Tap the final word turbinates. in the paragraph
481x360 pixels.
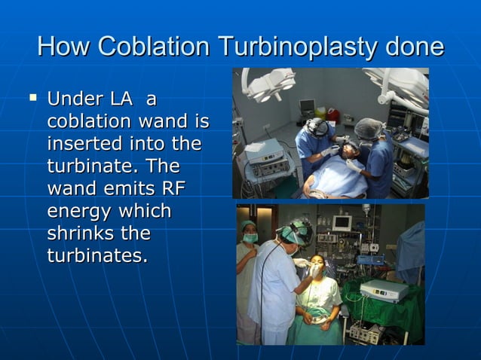(x=97, y=255)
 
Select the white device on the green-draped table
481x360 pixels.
(x=383, y=290)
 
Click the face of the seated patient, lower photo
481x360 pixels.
(x=317, y=267)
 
